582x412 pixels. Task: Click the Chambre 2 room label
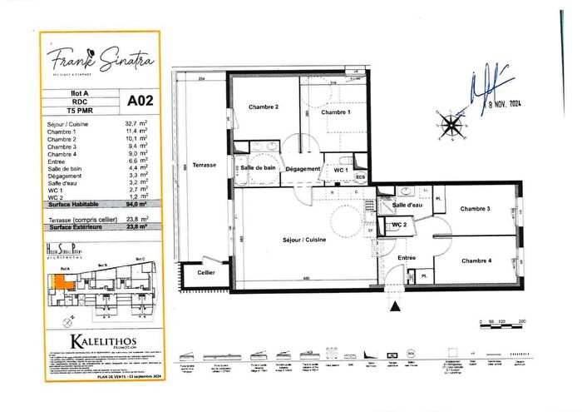[263, 107]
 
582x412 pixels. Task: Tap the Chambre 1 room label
[336, 112]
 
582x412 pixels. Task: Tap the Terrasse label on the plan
[204, 165]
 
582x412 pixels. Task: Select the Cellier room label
[206, 272]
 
